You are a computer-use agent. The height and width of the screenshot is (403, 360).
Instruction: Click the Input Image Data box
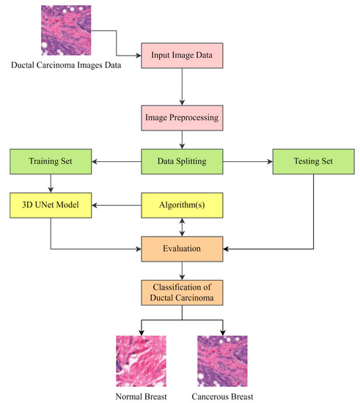[x=181, y=56]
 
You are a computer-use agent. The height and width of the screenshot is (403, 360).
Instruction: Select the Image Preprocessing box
[x=181, y=115]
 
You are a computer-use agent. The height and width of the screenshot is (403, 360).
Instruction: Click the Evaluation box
[x=181, y=248]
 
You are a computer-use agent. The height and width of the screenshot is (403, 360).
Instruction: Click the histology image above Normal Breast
[x=141, y=356]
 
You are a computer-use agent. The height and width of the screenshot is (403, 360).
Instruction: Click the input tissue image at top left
[x=66, y=30]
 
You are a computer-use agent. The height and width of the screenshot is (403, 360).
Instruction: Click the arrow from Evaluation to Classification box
[x=181, y=271]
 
